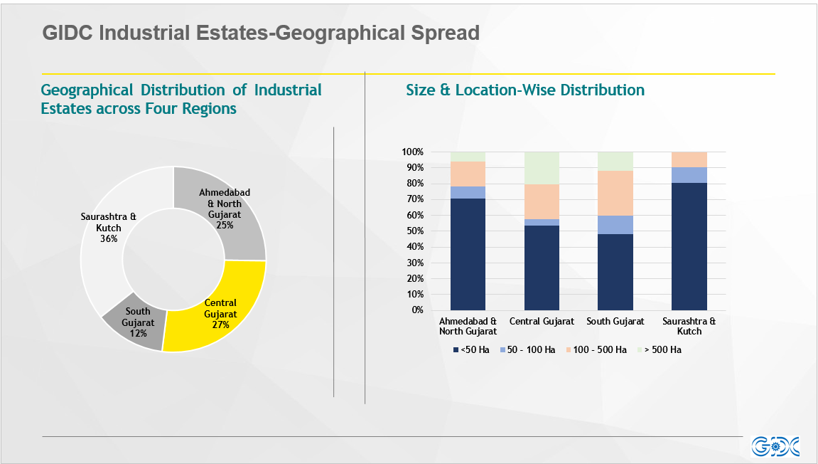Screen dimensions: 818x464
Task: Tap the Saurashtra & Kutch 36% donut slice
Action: click(x=107, y=230)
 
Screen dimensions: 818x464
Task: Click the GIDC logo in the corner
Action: click(x=775, y=447)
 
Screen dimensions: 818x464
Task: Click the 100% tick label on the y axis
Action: click(x=412, y=152)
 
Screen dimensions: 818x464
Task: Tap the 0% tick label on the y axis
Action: click(x=417, y=310)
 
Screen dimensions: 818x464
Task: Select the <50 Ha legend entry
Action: click(x=471, y=349)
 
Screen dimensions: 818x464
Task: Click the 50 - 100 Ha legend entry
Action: click(x=527, y=349)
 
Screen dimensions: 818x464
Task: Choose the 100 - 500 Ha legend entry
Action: click(x=596, y=349)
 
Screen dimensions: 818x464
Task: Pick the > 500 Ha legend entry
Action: click(x=660, y=349)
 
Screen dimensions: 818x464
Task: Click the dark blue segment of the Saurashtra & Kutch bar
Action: click(x=689, y=246)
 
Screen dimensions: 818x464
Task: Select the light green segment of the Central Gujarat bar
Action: click(x=542, y=168)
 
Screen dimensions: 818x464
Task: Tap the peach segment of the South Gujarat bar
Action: click(x=615, y=194)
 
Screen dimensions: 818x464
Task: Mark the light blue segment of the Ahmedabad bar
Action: click(x=468, y=192)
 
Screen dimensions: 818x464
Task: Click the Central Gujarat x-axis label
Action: click(x=542, y=322)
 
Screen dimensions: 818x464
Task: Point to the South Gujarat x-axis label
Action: click(x=615, y=322)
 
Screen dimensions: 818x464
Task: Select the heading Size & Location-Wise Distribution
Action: click(x=525, y=90)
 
